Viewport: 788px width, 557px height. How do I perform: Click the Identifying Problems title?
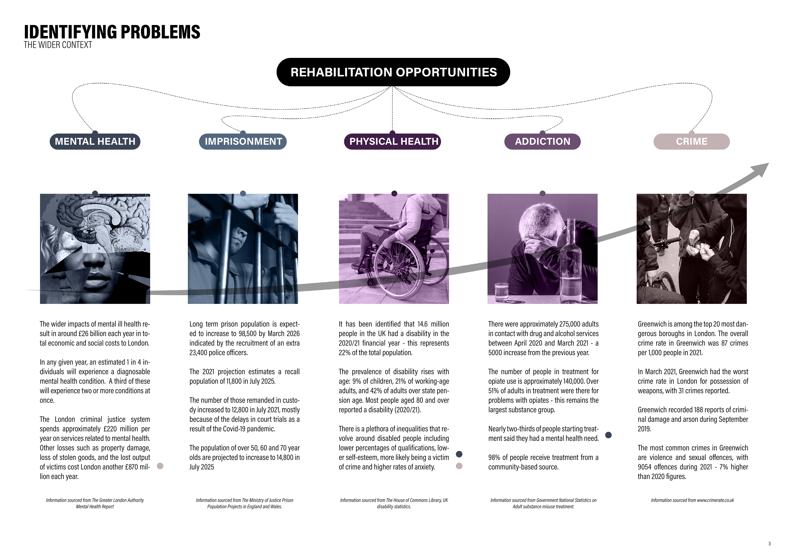pyautogui.click(x=112, y=32)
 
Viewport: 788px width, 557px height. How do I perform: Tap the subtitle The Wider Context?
pyautogui.click(x=58, y=45)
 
